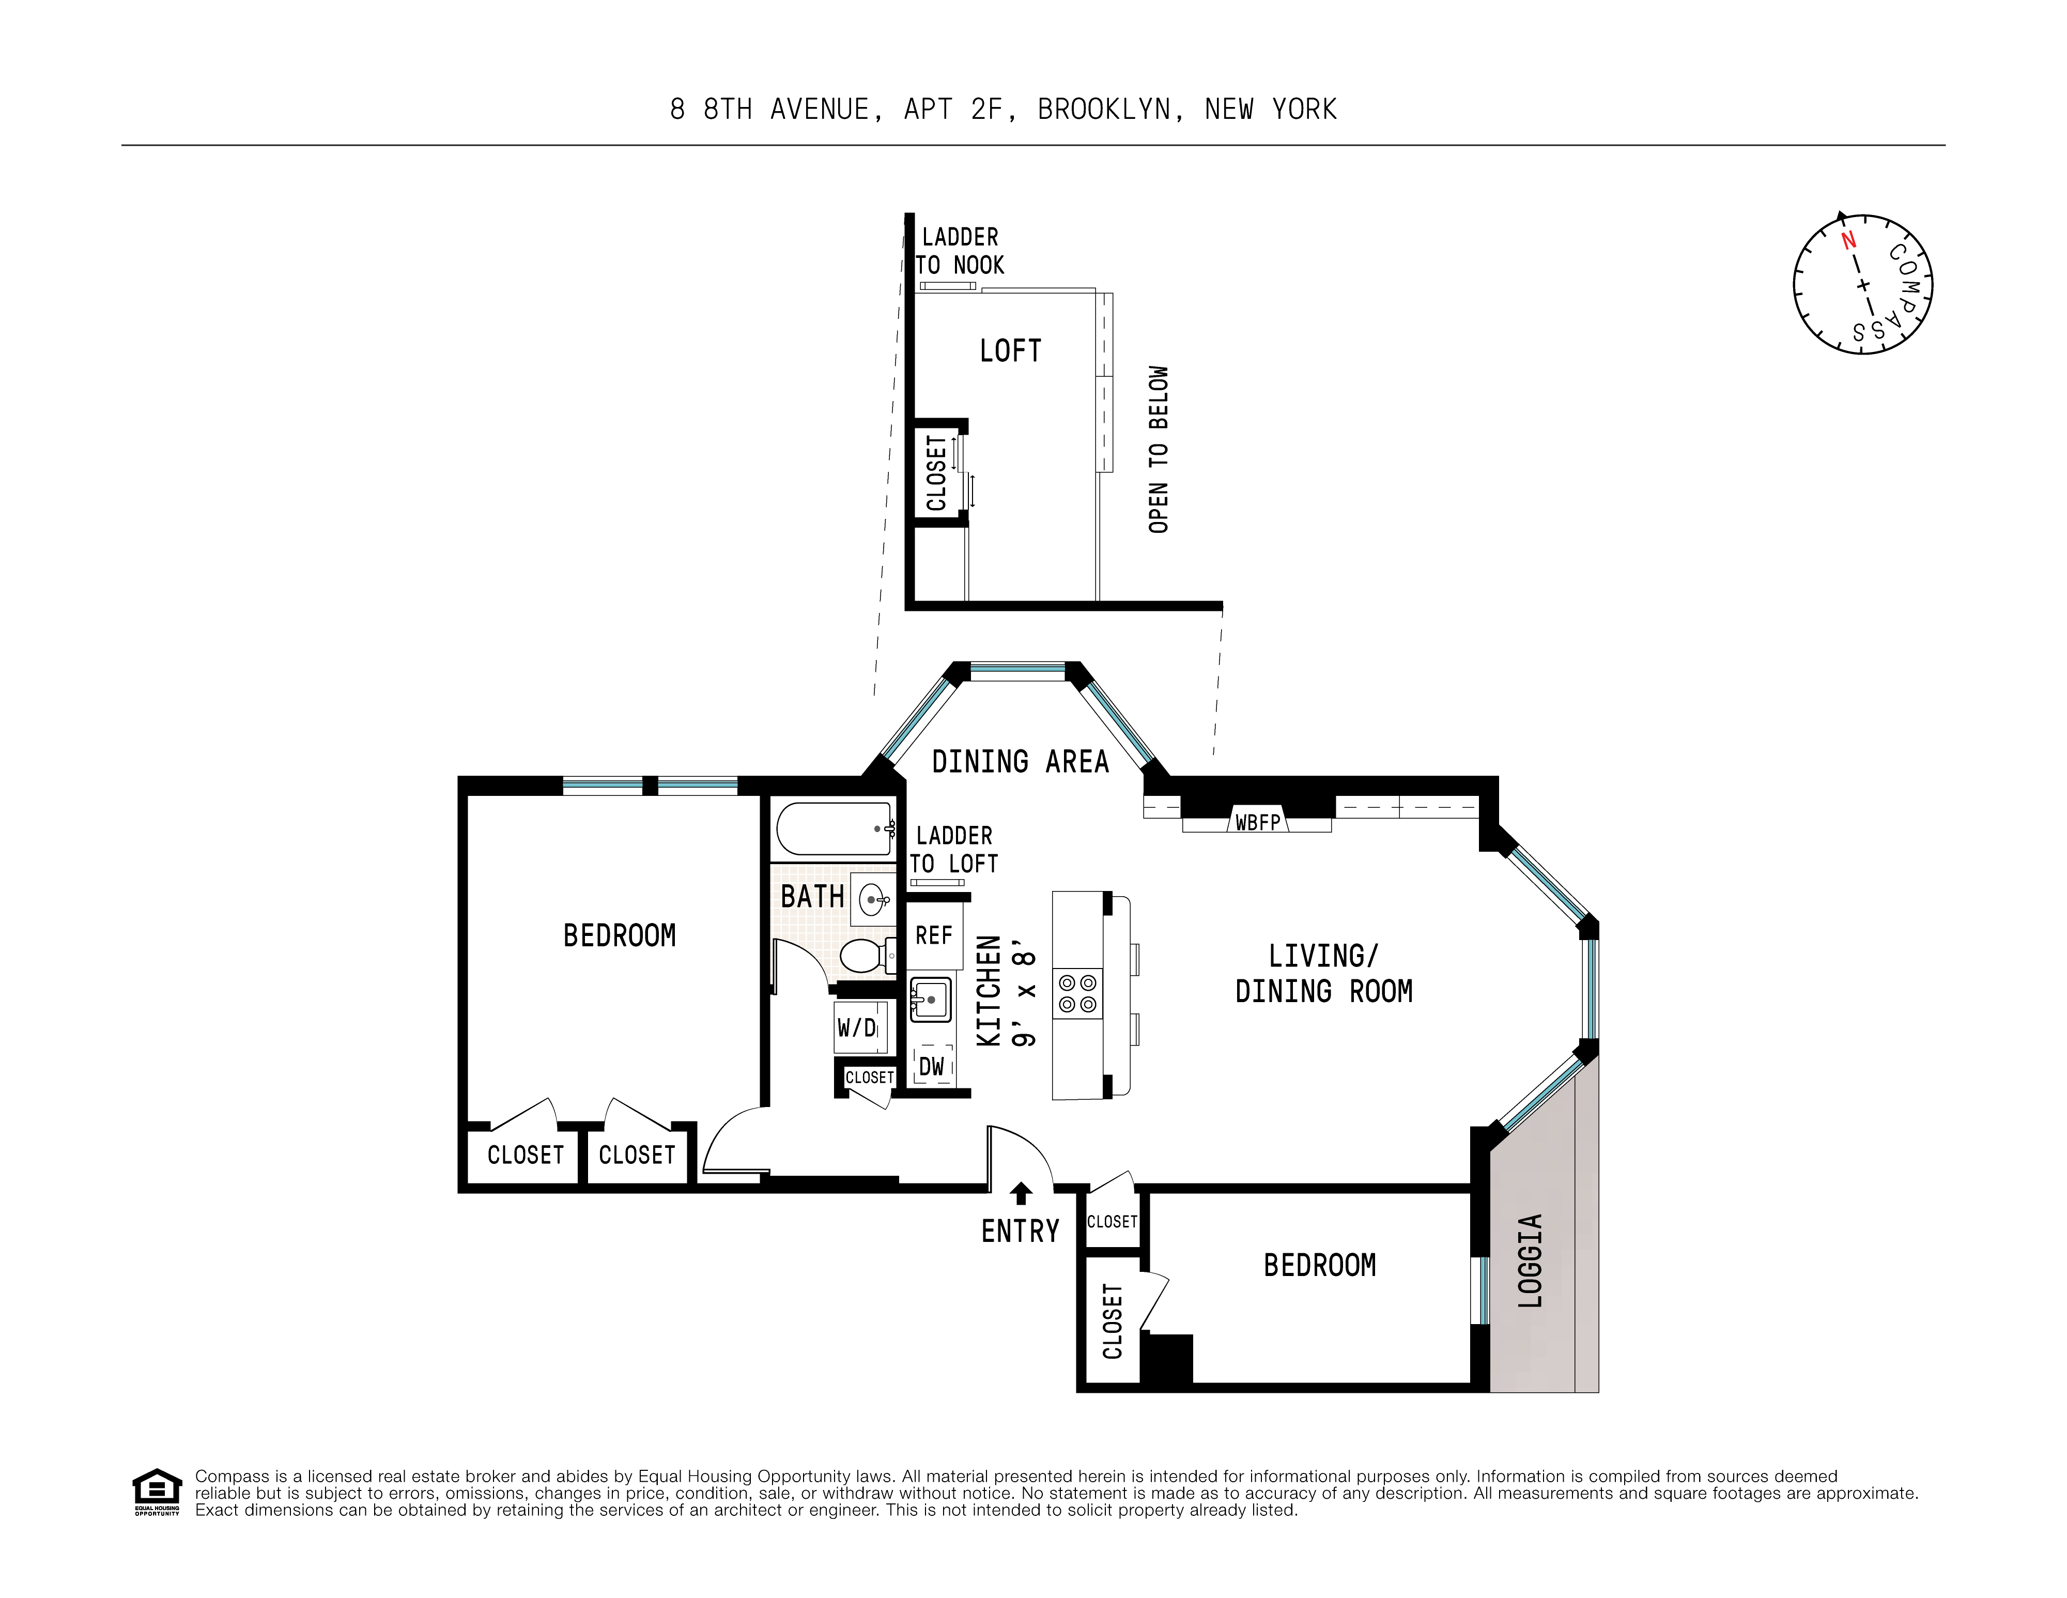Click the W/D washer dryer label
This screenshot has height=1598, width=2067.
857,1027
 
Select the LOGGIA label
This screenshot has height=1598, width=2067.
1531,1261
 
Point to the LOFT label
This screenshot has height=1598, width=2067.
1010,351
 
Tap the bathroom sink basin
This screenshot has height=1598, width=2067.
873,898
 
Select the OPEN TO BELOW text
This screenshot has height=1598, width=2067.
1159,450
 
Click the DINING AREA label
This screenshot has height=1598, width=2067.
1020,762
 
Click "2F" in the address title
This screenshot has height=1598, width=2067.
986,110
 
